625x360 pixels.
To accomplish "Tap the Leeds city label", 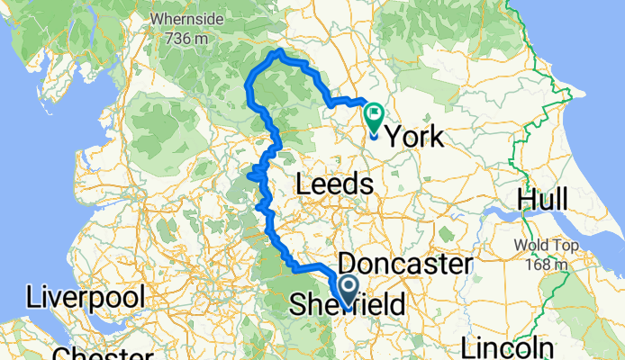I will tap(333, 184).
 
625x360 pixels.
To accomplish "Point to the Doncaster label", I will tap(404, 265).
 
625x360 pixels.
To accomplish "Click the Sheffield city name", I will tap(347, 306).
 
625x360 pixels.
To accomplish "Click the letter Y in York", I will tap(394, 137).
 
